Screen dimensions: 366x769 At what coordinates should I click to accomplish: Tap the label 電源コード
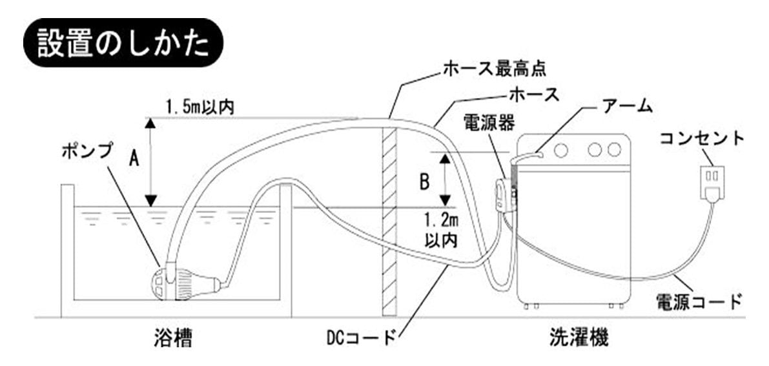point(697,301)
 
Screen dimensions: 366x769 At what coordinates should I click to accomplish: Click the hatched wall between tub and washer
point(389,219)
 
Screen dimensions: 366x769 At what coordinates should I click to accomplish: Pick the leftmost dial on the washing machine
point(560,150)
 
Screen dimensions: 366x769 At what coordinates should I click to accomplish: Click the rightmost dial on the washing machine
point(614,150)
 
